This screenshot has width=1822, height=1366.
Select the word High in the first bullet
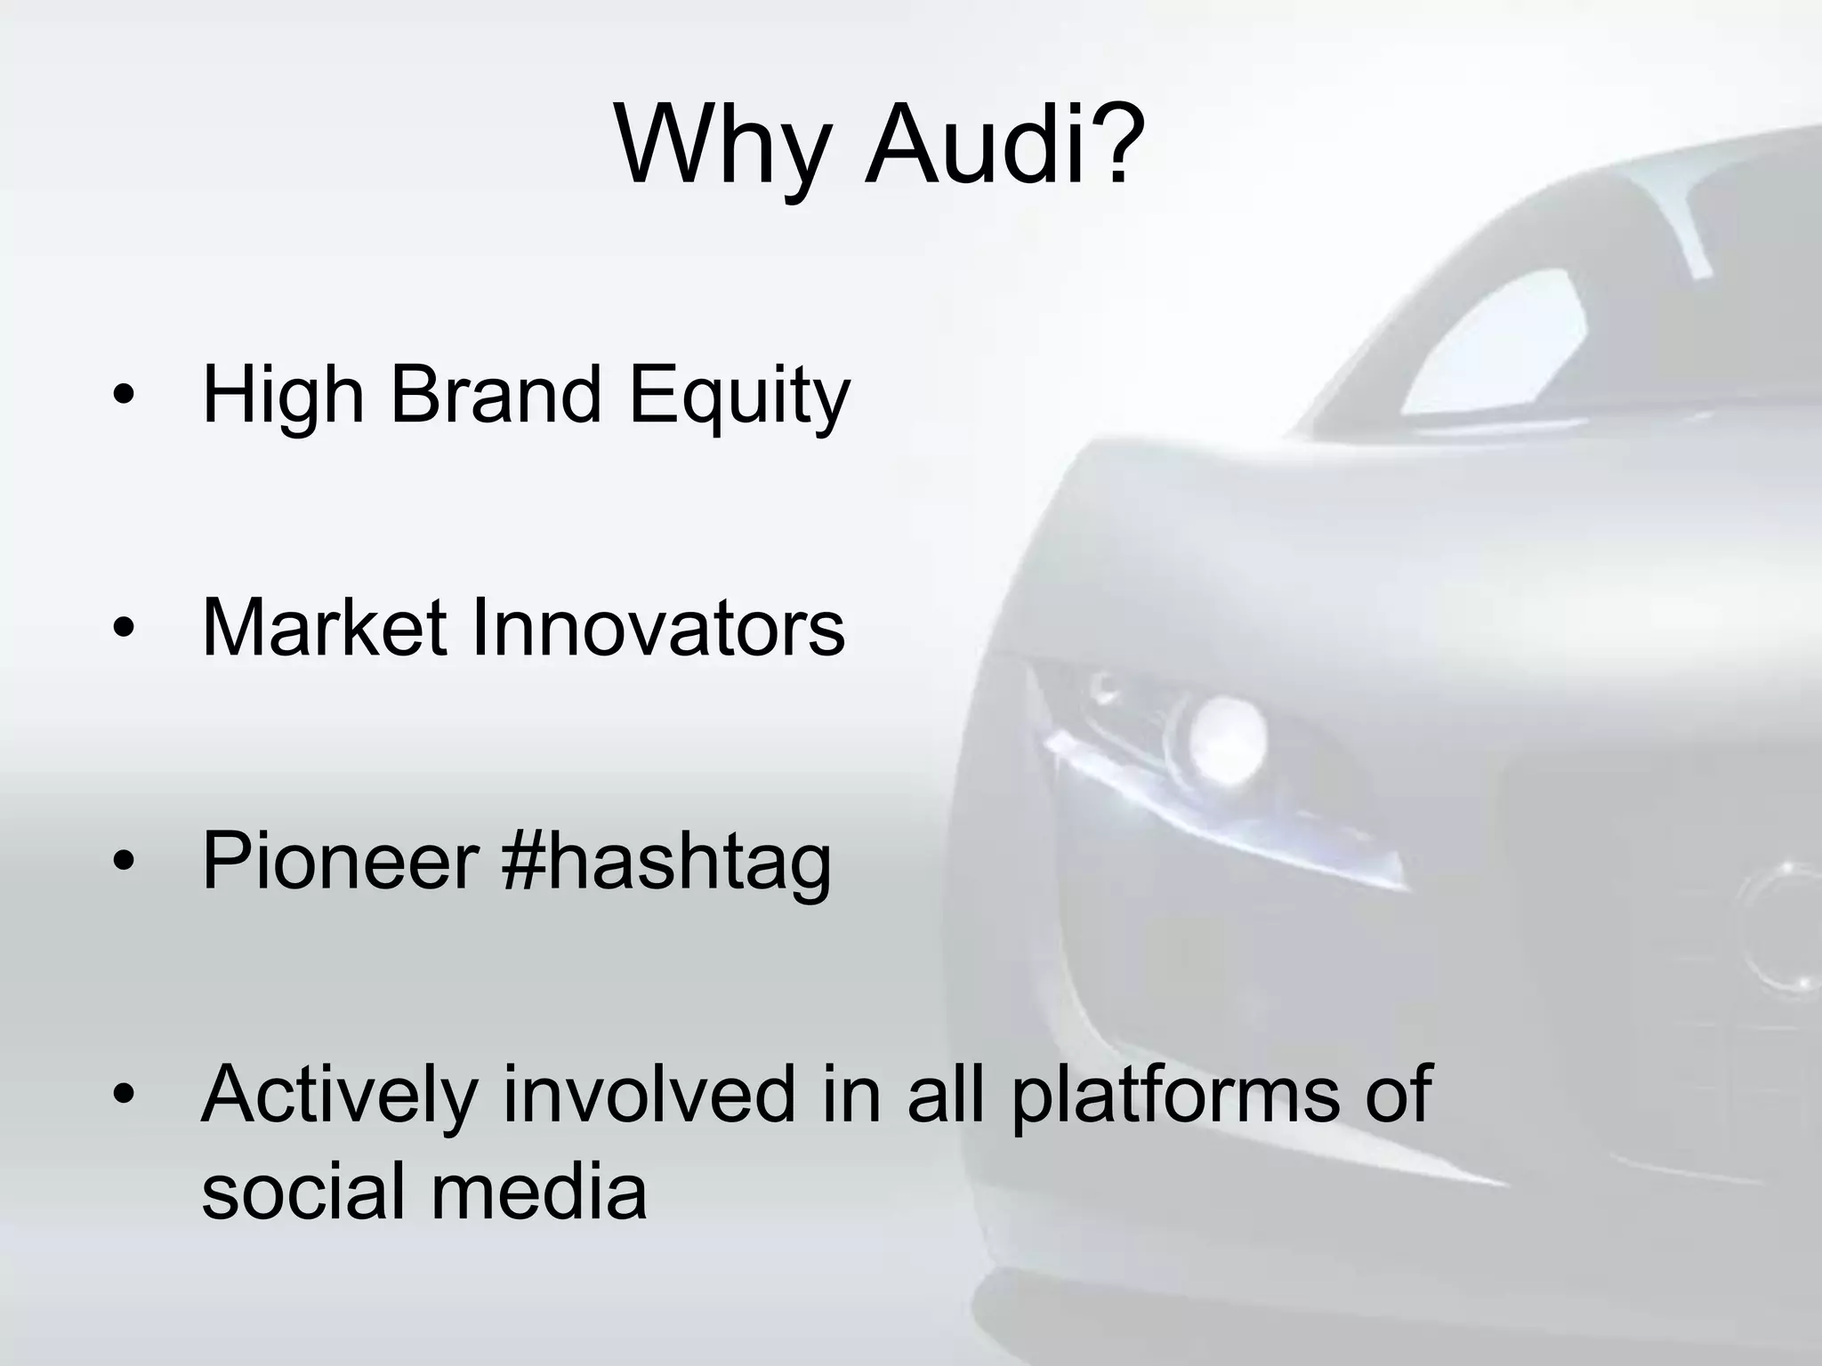[283, 397]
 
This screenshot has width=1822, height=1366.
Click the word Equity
[739, 397]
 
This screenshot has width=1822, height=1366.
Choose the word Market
[324, 628]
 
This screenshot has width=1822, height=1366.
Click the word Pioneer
[341, 861]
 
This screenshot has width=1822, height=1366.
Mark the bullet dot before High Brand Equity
[124, 397]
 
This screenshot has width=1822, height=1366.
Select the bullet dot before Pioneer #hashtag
[124, 862]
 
